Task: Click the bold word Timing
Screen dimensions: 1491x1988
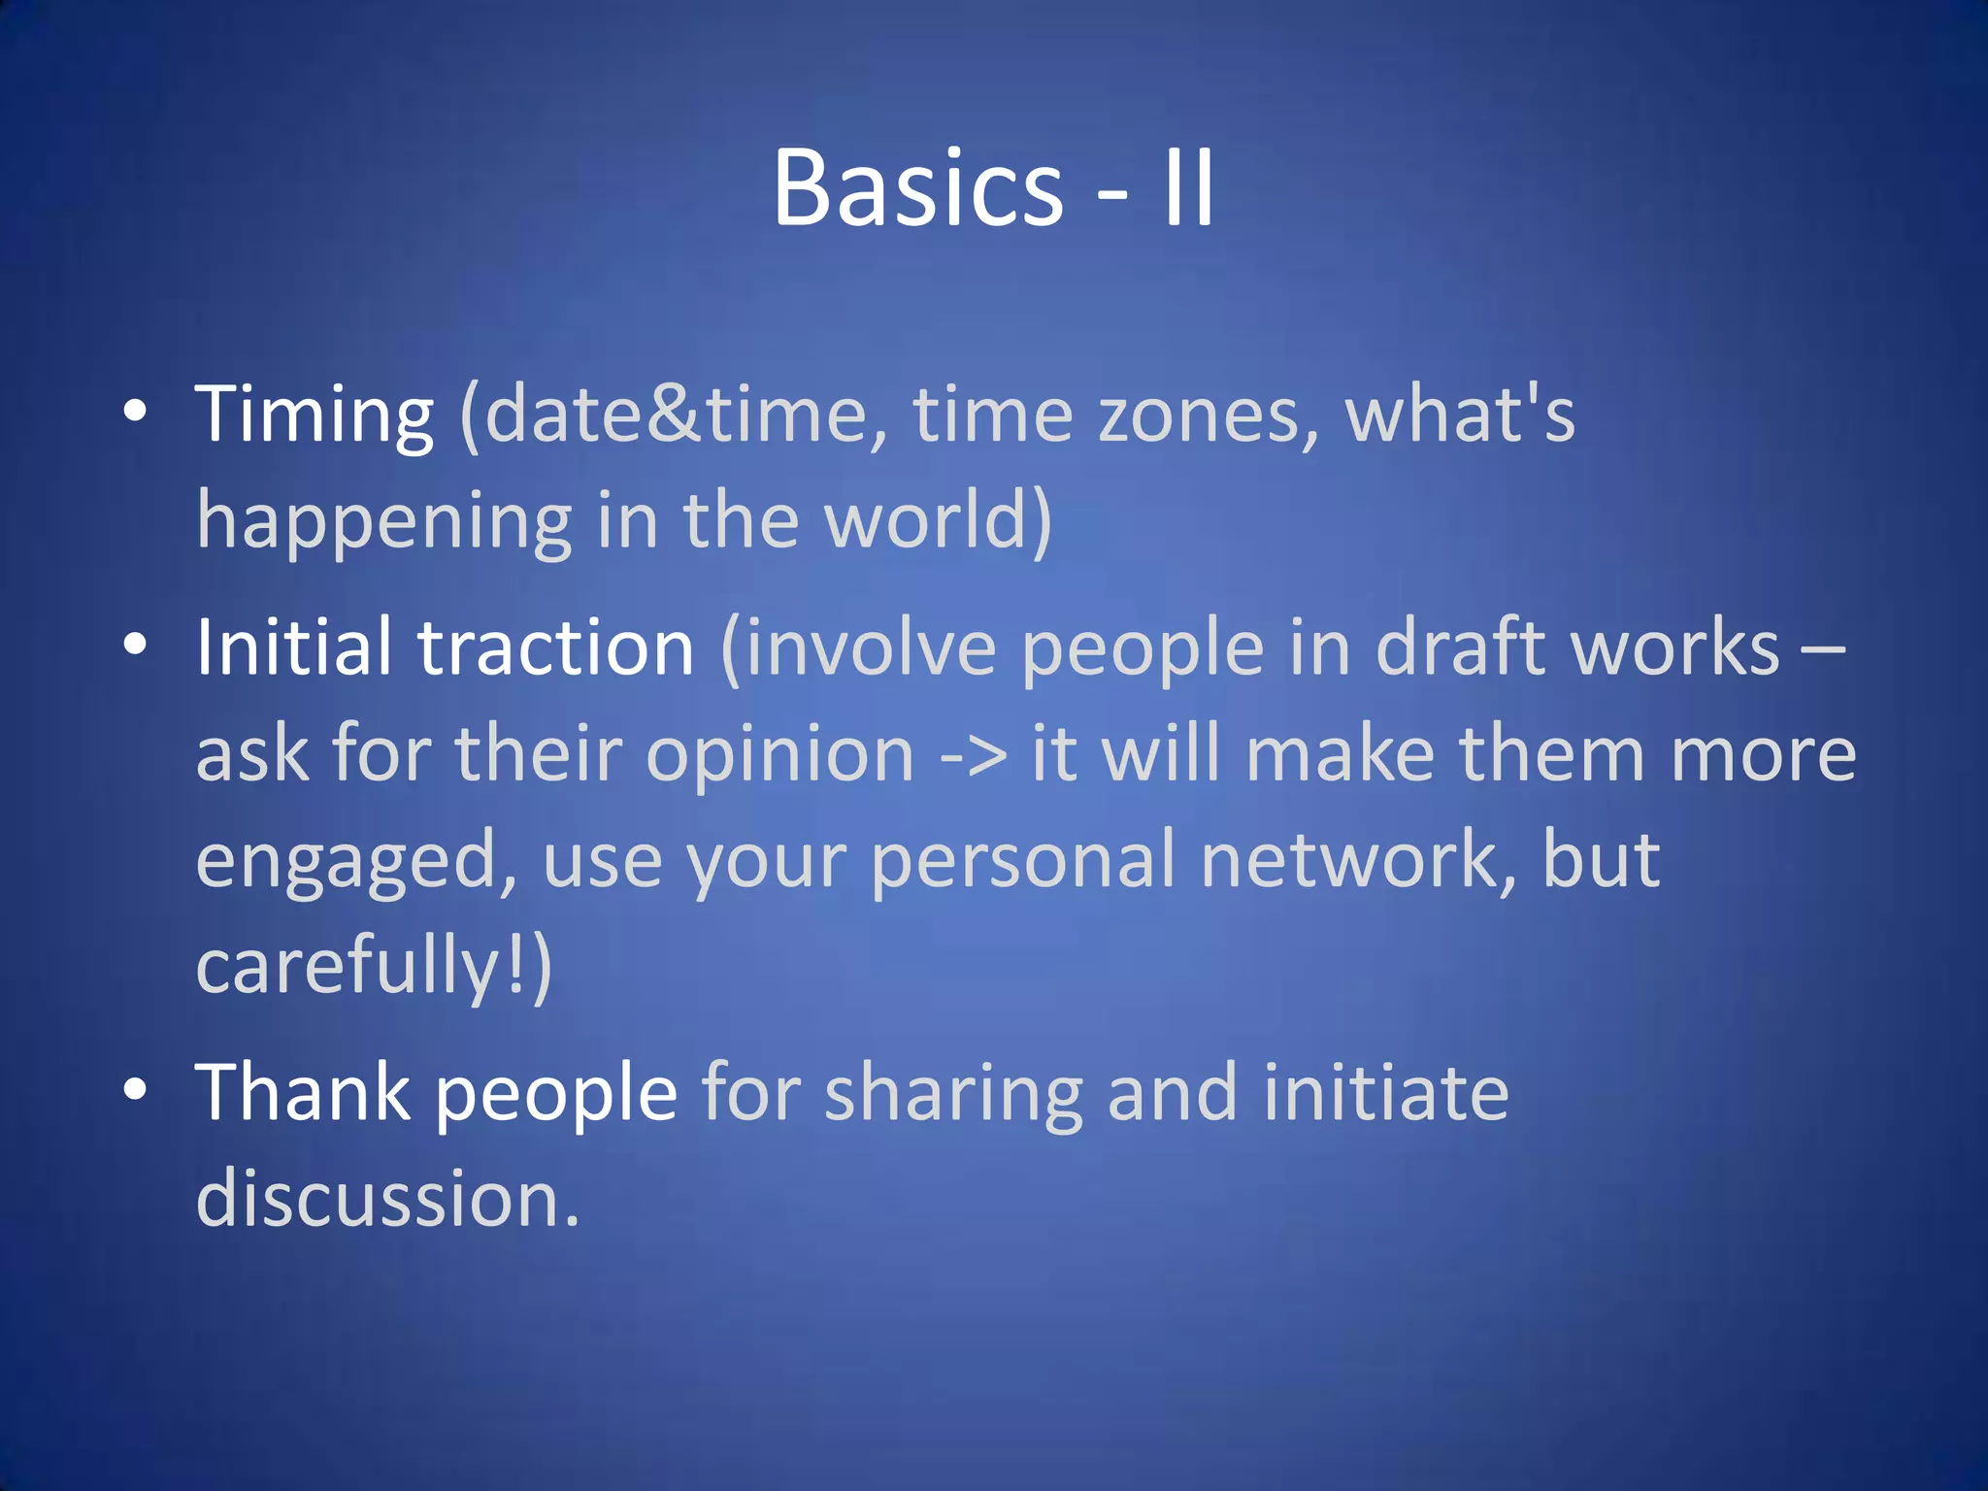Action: pos(314,415)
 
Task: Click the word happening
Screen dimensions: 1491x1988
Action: pos(384,521)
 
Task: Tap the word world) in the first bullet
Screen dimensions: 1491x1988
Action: pos(938,521)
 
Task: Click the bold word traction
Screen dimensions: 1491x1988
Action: pos(555,647)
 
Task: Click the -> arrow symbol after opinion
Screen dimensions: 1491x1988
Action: pos(974,754)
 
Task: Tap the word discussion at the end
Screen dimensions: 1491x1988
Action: pos(386,1199)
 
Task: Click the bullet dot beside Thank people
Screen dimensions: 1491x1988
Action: pos(135,1089)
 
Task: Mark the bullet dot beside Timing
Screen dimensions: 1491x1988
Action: pos(135,412)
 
